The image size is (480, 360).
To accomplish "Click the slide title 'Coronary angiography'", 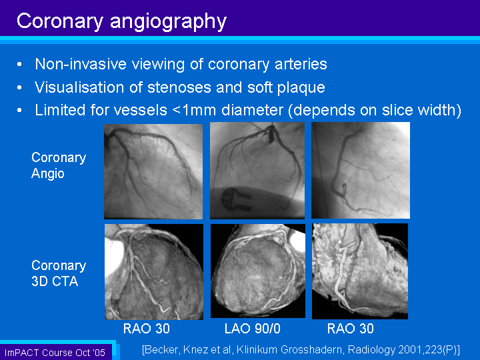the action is [121, 21].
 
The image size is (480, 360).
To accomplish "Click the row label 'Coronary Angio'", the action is [59, 165].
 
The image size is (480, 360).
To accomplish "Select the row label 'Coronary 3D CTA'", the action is [59, 273].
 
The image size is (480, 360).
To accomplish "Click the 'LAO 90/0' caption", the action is [252, 329].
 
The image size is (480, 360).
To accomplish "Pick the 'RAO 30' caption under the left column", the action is [146, 329].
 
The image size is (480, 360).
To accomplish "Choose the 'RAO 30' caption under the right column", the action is [350, 329].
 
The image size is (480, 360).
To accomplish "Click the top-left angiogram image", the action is [153, 171].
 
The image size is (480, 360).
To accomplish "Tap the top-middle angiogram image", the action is [257, 171].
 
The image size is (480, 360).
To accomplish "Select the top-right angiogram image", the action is [361, 170].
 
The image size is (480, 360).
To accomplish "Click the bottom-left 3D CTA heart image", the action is [154, 272].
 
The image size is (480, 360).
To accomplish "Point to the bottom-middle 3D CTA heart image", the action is [258, 271].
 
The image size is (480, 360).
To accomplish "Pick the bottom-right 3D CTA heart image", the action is [360, 271].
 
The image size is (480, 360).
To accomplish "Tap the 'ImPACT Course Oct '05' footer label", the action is [55, 353].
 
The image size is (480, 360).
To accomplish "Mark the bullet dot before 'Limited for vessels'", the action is [19, 110].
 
